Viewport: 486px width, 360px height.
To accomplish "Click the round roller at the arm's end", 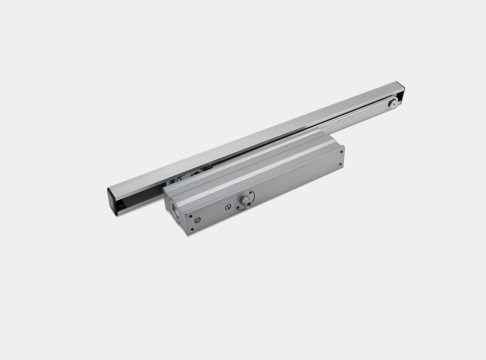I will tap(393, 103).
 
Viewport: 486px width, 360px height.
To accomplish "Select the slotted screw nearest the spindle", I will tap(228, 207).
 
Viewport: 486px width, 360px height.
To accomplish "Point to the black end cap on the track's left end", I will tap(113, 202).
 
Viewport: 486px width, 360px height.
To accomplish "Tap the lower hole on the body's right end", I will tap(341, 165).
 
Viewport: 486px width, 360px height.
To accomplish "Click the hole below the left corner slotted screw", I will tap(192, 229).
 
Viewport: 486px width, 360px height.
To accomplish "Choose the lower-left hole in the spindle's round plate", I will tap(238, 208).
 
